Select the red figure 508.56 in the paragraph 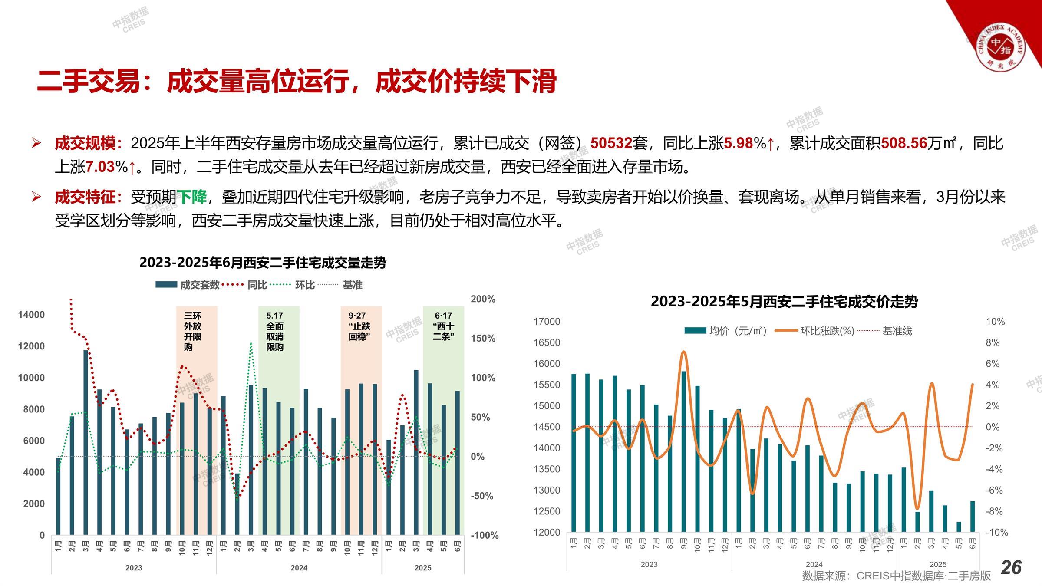coord(904,143)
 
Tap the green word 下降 coord(191,197)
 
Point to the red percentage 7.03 coord(100,167)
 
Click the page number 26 coord(1011,567)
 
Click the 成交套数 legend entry coord(188,285)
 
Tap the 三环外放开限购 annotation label coord(192,331)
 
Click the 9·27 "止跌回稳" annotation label coord(359,326)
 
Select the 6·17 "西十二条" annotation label coord(443,326)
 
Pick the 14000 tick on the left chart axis coord(31,315)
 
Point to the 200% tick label coord(483,299)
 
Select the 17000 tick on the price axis coord(547,322)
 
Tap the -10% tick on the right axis coord(996,532)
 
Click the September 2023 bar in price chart coord(684,451)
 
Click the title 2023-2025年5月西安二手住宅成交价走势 coord(784,301)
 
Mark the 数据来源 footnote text coord(896,576)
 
